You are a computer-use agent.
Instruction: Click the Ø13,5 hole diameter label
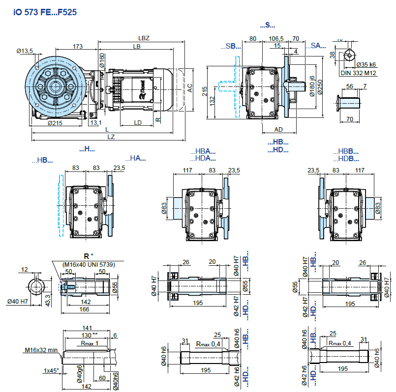coord(24,51)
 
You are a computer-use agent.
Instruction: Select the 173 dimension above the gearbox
coord(77,46)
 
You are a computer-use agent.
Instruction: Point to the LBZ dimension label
coord(144,38)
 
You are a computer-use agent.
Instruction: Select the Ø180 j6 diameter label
coord(312,85)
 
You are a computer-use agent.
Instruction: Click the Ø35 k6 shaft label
coord(366,64)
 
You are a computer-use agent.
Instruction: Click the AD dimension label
coord(278,129)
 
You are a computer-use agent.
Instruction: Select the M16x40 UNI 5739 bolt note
coord(89,264)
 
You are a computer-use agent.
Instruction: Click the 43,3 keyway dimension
coord(47,300)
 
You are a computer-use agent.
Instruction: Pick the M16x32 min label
coord(41,350)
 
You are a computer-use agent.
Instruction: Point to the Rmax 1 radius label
coord(90,343)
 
